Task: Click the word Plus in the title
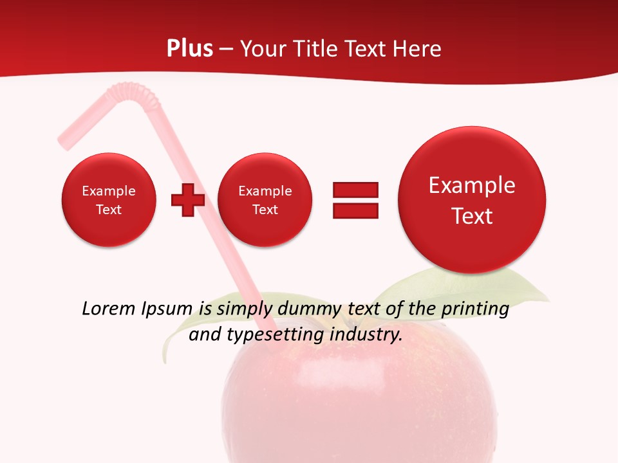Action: click(x=189, y=49)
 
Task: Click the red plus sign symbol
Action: click(x=187, y=199)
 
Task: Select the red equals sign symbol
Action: click(x=355, y=200)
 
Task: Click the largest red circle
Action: click(x=472, y=199)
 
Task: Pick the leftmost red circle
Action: click(x=108, y=199)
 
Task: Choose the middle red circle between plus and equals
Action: click(x=265, y=199)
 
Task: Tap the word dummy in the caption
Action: click(x=311, y=309)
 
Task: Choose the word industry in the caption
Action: click(x=366, y=334)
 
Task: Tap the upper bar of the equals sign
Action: click(x=355, y=190)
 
